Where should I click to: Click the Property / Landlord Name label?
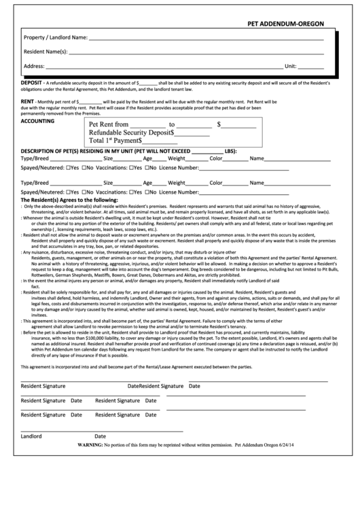[x=55, y=37]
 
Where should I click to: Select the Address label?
[x=34, y=66]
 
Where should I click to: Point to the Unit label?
[x=290, y=66]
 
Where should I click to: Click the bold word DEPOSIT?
[x=33, y=81]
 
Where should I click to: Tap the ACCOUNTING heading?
[x=39, y=120]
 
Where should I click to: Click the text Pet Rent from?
[x=109, y=124]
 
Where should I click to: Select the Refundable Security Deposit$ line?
[x=131, y=133]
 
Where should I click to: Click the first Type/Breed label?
[x=35, y=158]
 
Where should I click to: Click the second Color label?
[x=216, y=183]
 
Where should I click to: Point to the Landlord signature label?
[x=31, y=436]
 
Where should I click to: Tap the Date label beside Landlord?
[x=100, y=436]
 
